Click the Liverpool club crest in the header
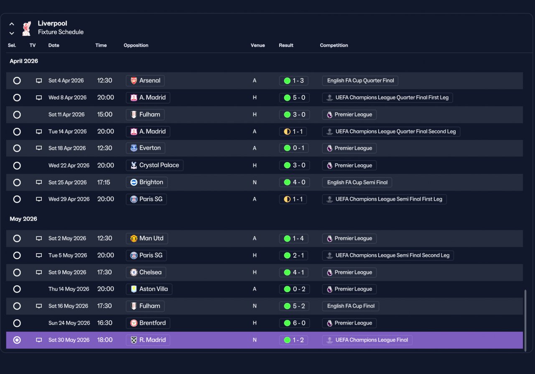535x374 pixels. pyautogui.click(x=26, y=28)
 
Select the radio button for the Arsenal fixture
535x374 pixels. pyautogui.click(x=17, y=81)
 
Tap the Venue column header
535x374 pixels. pyautogui.click(x=258, y=46)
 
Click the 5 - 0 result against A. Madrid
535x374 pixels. pyautogui.click(x=294, y=98)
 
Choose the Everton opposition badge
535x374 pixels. pyautogui.click(x=134, y=148)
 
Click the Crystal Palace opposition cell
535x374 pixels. pyautogui.click(x=155, y=165)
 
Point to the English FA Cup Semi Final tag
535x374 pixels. pyautogui.click(x=357, y=183)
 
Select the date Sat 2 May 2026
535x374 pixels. pyautogui.click(x=67, y=238)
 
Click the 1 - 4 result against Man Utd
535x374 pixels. pyautogui.click(x=293, y=238)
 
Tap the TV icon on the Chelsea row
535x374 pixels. pyautogui.click(x=39, y=272)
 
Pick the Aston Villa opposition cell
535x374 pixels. pyautogui.click(x=149, y=289)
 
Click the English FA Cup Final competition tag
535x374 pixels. pyautogui.click(x=350, y=306)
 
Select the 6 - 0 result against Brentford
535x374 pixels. pyautogui.click(x=294, y=323)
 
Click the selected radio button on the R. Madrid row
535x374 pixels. pyautogui.click(x=17, y=340)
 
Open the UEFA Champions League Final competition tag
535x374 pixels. pyautogui.click(x=367, y=340)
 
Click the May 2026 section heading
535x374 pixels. pyautogui.click(x=23, y=219)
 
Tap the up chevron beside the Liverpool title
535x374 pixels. pyautogui.click(x=12, y=24)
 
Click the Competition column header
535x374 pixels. pyautogui.click(x=334, y=46)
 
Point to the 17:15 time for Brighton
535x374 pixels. pyautogui.click(x=103, y=183)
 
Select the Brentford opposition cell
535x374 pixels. pyautogui.click(x=148, y=323)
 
